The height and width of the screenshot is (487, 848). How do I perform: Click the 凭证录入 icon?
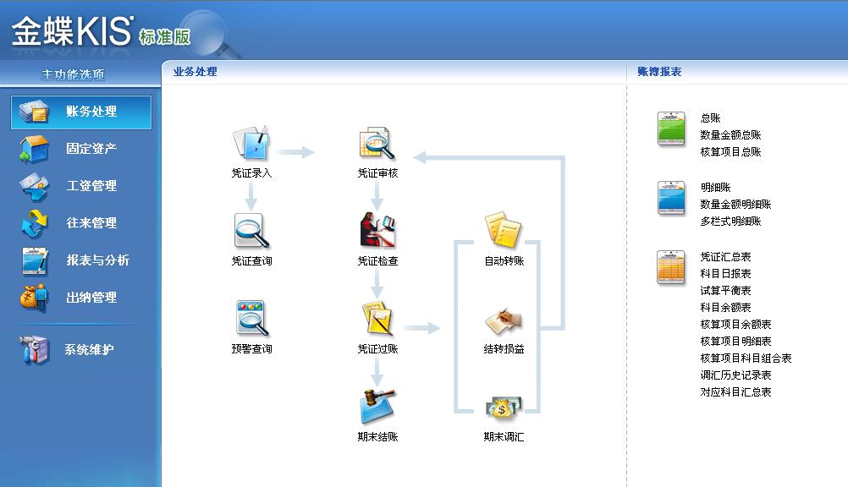point(251,143)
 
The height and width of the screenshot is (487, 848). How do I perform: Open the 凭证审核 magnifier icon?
point(377,143)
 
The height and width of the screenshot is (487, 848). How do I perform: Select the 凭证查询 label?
point(252,261)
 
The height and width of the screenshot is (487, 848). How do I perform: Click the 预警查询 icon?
point(252,319)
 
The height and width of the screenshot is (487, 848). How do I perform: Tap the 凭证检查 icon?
point(377,230)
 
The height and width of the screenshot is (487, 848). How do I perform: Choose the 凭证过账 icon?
point(377,319)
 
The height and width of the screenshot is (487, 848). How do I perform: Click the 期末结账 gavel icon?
point(377,406)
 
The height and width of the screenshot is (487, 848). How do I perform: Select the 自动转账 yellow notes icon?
point(504,230)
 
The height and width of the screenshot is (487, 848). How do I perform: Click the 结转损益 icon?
point(504,321)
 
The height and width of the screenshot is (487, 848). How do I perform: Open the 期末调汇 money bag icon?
point(504,408)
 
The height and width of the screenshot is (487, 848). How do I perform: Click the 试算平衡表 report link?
point(726,291)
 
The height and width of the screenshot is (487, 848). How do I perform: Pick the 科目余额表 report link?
point(726,308)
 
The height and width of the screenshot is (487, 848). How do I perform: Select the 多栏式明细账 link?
point(730,221)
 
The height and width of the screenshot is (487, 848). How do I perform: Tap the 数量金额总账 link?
point(730,135)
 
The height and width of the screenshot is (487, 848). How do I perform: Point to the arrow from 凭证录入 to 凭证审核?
point(297,152)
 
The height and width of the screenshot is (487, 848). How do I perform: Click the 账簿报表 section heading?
point(659,72)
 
